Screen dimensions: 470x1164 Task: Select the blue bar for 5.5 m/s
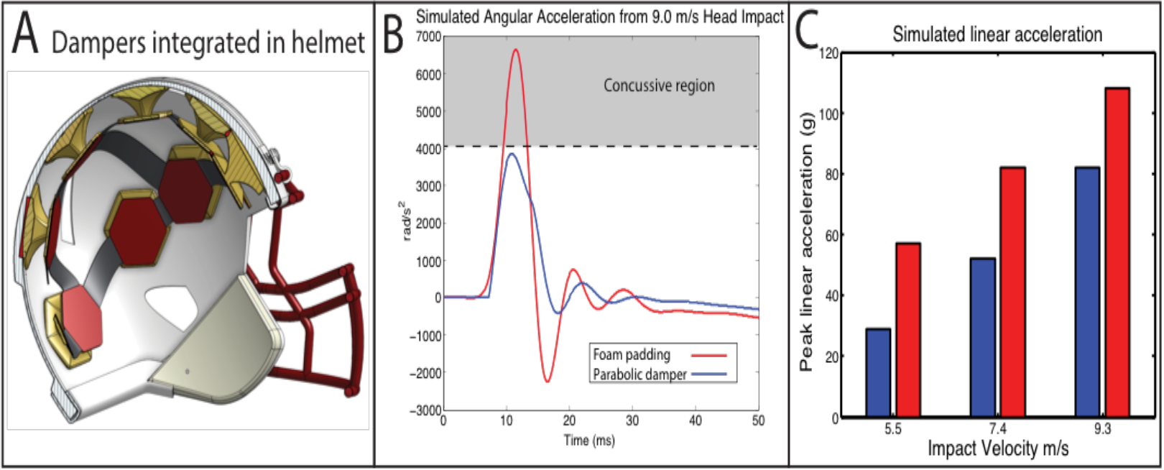[878, 373]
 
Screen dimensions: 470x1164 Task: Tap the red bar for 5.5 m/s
[908, 331]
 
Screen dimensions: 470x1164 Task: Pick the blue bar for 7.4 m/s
[983, 338]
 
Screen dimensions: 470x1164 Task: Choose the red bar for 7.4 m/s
[1012, 292]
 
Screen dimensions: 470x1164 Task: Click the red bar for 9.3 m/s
[1117, 252]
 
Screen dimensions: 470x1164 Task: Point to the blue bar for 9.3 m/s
[1087, 292]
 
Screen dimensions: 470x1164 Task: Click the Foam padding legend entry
[632, 355]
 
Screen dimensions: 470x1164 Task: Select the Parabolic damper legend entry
[639, 374]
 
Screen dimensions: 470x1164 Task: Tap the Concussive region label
[659, 86]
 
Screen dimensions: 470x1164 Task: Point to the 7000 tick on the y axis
[429, 37]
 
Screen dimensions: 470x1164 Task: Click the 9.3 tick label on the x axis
[1102, 429]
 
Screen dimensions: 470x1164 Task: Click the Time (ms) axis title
[589, 440]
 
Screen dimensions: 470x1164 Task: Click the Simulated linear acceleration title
[997, 34]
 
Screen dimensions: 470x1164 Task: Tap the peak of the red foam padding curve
[515, 50]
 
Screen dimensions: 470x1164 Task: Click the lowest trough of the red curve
[547, 381]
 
